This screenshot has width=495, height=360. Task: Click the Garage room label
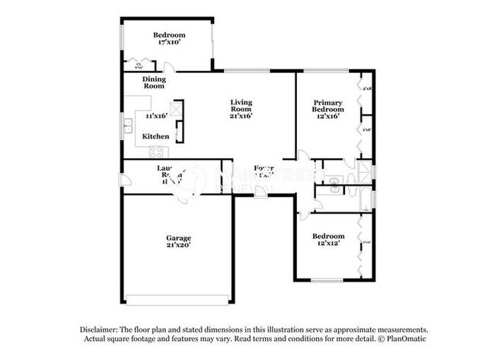[x=179, y=238]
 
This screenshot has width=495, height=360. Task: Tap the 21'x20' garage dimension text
[x=179, y=247]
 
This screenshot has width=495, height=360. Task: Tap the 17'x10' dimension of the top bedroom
[x=168, y=43]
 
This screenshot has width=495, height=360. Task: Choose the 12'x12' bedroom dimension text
[x=328, y=244]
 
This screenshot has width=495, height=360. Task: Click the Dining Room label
[x=155, y=82]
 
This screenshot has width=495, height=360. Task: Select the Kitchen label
[x=155, y=137]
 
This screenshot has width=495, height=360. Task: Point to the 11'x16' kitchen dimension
[x=156, y=116]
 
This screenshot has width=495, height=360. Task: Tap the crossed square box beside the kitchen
[x=176, y=109]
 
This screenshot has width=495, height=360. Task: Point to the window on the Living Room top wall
[x=246, y=72]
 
